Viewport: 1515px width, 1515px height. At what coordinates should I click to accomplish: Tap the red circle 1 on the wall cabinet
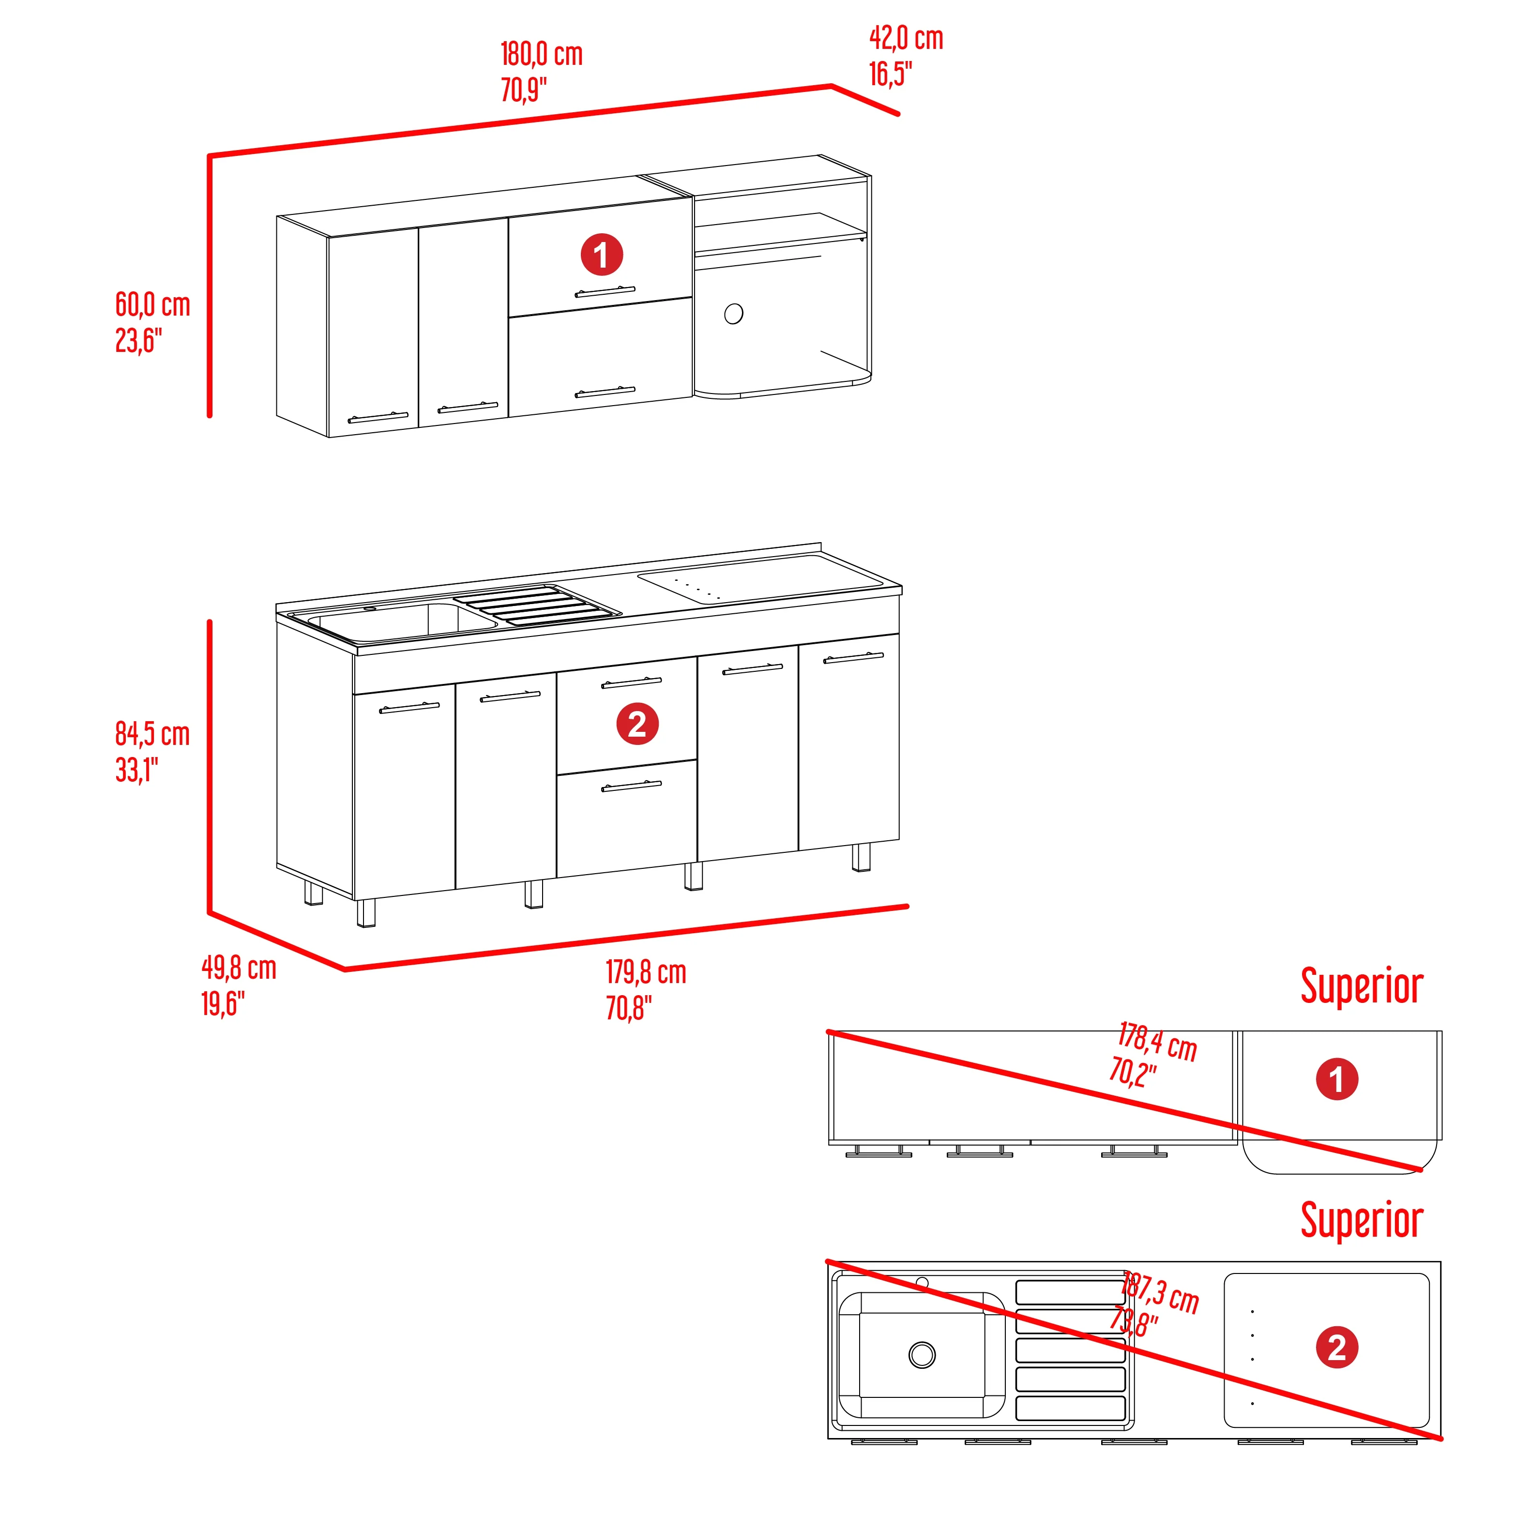(602, 255)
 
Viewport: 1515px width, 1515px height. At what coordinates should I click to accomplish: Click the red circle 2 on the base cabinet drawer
(637, 723)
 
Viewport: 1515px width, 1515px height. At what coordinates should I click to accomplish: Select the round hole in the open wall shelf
(734, 314)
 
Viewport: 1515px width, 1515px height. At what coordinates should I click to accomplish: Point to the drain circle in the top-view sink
(922, 1354)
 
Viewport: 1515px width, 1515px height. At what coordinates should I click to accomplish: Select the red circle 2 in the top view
(1337, 1347)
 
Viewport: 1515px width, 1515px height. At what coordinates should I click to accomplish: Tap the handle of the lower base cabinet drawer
(631, 786)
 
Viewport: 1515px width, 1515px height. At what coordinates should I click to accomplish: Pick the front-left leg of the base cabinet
(365, 913)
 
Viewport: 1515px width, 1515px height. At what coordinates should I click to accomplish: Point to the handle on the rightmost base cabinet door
(853, 657)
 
